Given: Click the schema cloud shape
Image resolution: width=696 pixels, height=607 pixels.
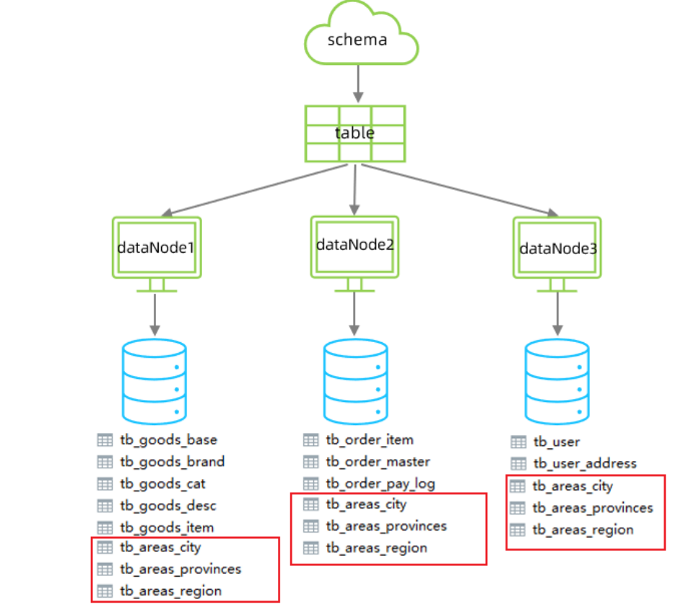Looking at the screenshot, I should (357, 38).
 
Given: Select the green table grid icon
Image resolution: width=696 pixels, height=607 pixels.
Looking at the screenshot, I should (354, 134).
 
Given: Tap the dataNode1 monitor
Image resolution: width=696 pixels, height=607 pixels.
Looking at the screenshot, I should (157, 248).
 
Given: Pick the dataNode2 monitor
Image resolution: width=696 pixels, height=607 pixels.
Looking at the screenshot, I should (354, 245).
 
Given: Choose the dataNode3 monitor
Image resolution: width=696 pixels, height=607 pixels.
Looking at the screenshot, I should (557, 248).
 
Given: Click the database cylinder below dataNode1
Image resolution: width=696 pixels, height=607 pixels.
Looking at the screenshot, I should (155, 381).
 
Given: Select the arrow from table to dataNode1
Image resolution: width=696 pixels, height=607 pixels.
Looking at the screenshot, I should (253, 190).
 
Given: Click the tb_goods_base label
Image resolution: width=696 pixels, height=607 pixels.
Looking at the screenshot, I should (168, 440).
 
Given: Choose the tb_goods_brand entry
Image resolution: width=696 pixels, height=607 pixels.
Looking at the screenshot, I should (172, 461).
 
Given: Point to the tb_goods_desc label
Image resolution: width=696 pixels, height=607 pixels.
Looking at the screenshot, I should (168, 505).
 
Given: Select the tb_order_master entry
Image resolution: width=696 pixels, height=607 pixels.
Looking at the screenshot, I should (378, 461).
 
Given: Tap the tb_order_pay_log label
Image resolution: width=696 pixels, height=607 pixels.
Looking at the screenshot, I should (380, 483).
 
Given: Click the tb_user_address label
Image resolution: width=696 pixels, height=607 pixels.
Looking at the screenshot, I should (584, 463).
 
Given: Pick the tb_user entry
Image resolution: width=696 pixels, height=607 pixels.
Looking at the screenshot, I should (556, 442).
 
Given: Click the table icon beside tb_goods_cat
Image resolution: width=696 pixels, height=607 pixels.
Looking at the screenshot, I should (105, 484).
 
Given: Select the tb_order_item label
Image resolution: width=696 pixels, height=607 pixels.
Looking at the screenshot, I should (370, 439).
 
